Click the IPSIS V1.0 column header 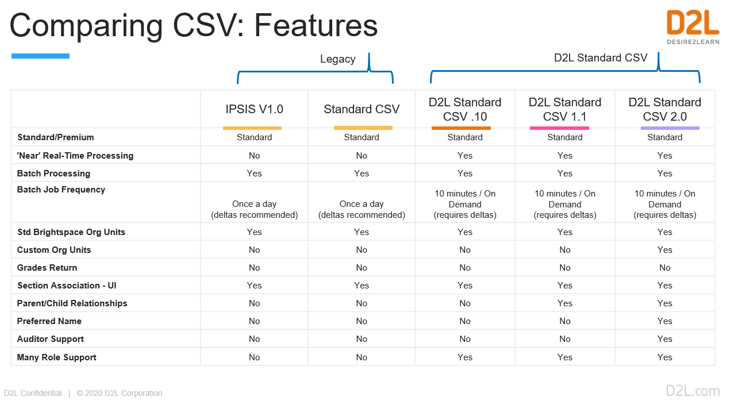click(x=255, y=109)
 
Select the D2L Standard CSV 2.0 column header click(x=664, y=109)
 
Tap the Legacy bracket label click(x=338, y=59)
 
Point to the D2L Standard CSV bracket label click(x=601, y=57)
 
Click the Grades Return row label click(x=47, y=268)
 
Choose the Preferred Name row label click(x=49, y=321)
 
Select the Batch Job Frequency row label click(x=61, y=190)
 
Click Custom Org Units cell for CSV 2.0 click(x=664, y=250)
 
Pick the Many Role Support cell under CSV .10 click(x=465, y=357)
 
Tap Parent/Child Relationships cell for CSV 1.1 click(x=564, y=303)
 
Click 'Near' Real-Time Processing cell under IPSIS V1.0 click(x=255, y=156)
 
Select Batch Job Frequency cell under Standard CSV click(x=362, y=209)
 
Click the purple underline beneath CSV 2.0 click(x=670, y=128)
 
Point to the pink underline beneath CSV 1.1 click(x=559, y=128)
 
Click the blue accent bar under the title click(x=41, y=56)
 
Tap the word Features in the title click(x=316, y=25)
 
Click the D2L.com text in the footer click(x=693, y=391)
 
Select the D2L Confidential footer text click(x=33, y=393)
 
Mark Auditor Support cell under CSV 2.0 click(x=664, y=339)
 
